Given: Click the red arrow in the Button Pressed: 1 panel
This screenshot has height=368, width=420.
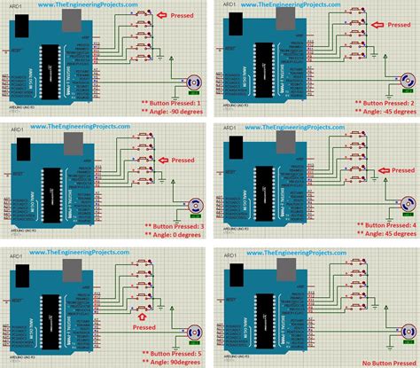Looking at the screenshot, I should (159, 15).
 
